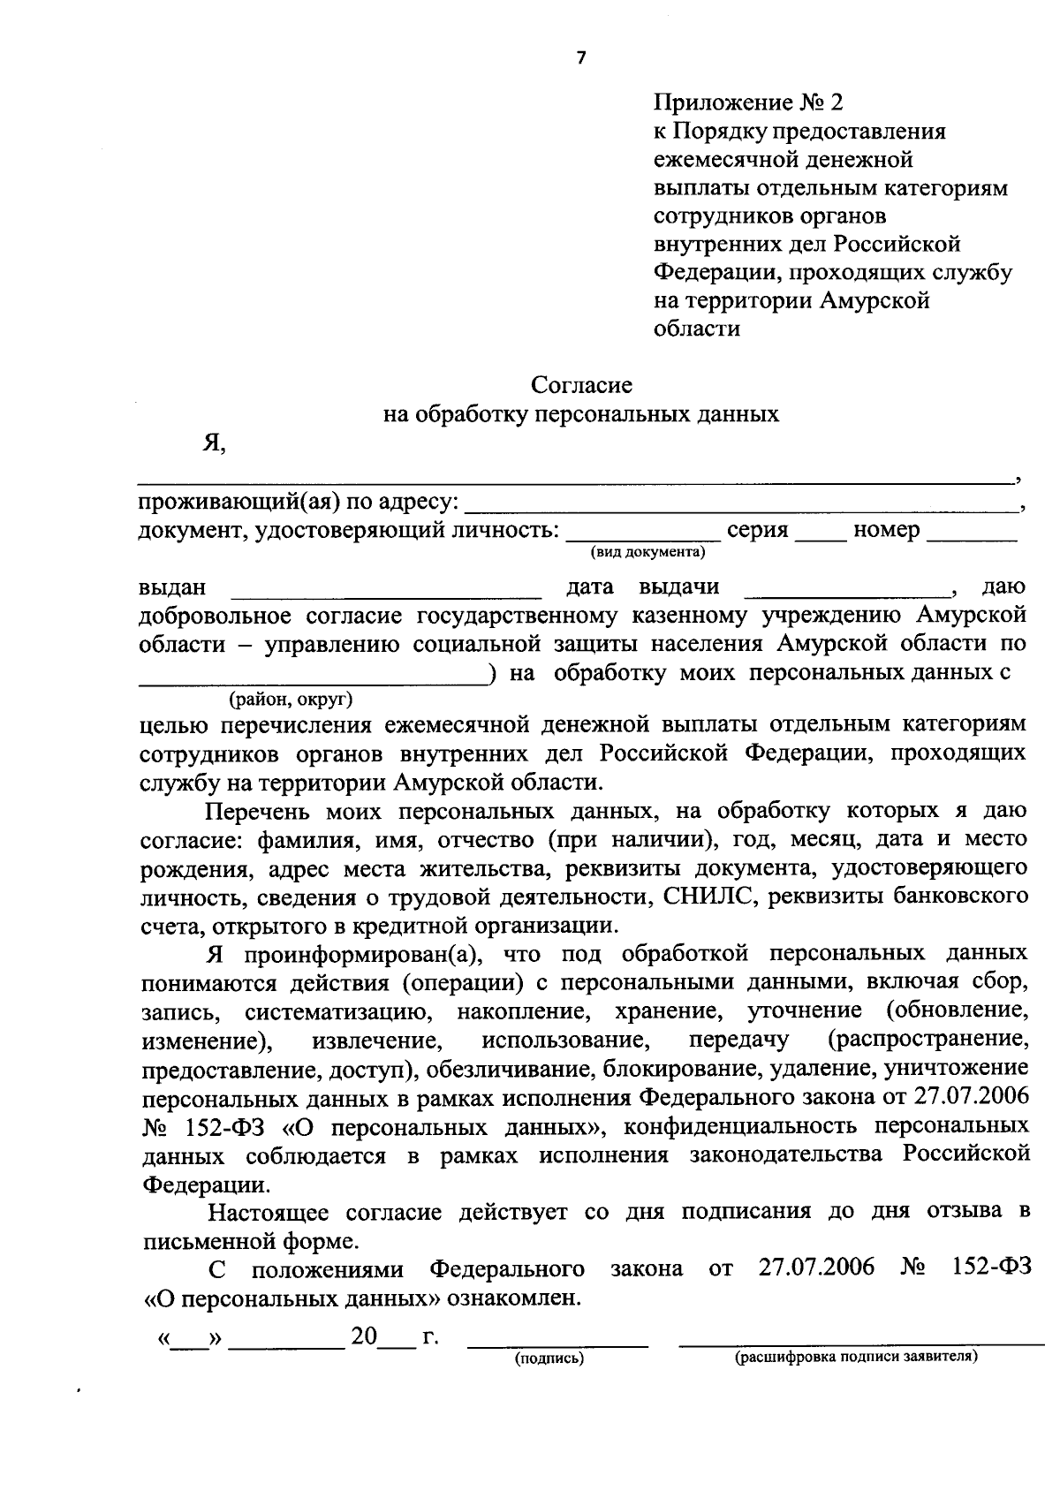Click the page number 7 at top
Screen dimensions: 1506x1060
580,58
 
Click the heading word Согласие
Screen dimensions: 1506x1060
581,385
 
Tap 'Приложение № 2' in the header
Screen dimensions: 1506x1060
748,102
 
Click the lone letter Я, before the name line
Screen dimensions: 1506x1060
214,444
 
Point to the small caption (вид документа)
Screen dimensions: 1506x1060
647,553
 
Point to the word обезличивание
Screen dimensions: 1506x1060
499,1070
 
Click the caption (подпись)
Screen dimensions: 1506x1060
549,1359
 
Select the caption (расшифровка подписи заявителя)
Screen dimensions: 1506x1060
856,1357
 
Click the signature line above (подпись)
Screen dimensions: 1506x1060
556,1343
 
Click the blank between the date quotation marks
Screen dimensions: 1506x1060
186,1342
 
